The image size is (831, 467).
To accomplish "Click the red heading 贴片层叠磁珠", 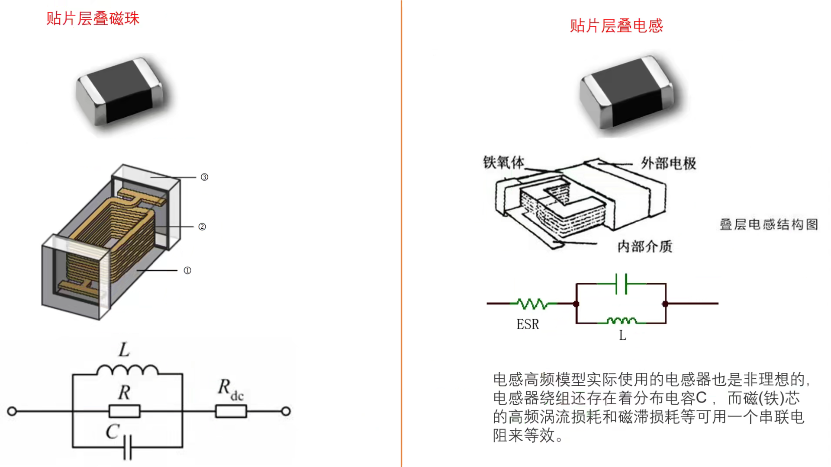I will [93, 19].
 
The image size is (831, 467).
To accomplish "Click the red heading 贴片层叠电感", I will [616, 26].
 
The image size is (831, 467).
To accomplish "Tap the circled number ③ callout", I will [204, 177].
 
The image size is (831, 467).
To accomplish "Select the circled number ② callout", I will [202, 227].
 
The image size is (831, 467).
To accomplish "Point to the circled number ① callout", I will [187, 270].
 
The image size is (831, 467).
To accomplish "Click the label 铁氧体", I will [503, 163].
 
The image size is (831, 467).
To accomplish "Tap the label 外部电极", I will [668, 163].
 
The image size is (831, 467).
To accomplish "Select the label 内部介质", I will [644, 246].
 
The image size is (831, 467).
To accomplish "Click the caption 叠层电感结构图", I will [769, 224].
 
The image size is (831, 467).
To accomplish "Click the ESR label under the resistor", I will [528, 324].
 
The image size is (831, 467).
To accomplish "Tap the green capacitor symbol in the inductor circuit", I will [622, 284].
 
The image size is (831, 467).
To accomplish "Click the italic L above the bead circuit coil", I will [124, 350].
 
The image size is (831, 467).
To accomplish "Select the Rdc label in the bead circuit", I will [230, 389].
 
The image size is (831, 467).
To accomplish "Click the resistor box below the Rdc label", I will [231, 411].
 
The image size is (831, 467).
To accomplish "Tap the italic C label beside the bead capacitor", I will [112, 432].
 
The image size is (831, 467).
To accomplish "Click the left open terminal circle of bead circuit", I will [12, 411].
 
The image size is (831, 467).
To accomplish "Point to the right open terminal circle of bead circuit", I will [286, 411].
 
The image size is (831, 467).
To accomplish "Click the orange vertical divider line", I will [401, 233].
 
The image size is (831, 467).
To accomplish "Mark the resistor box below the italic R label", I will [125, 411].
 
